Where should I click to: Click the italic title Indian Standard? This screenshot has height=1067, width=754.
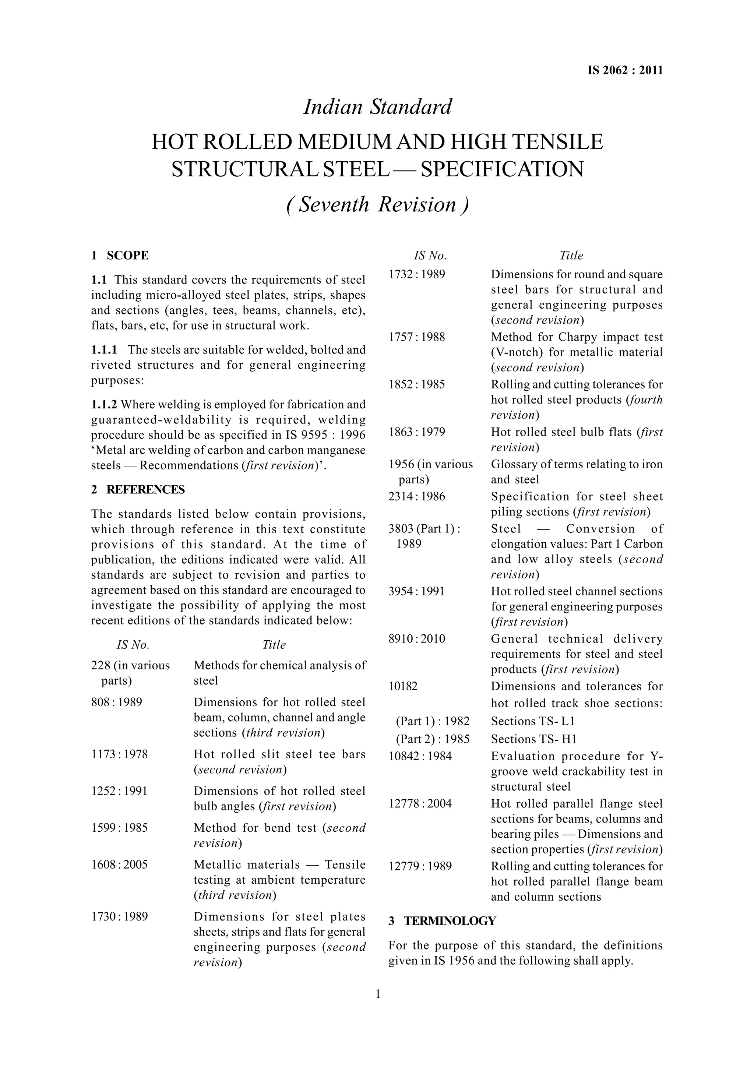pos(377,107)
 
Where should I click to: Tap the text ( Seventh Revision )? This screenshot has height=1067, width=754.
pos(377,204)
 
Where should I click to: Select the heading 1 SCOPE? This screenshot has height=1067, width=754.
pos(120,256)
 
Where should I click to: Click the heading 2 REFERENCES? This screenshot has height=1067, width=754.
pos(138,489)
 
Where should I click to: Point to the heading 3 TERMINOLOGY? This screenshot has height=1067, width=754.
pos(442,921)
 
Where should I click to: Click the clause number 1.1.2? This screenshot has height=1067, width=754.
pos(104,404)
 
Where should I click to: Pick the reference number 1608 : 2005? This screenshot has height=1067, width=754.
pos(119,864)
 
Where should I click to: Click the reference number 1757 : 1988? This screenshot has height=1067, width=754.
pos(416,337)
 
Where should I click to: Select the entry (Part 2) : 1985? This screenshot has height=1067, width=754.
pos(433,739)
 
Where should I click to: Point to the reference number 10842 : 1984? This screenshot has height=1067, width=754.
pos(419,756)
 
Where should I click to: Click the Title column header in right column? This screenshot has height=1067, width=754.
pos(571,256)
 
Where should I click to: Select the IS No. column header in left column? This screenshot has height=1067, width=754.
pos(133,645)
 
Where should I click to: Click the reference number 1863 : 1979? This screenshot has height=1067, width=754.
pos(416,432)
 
